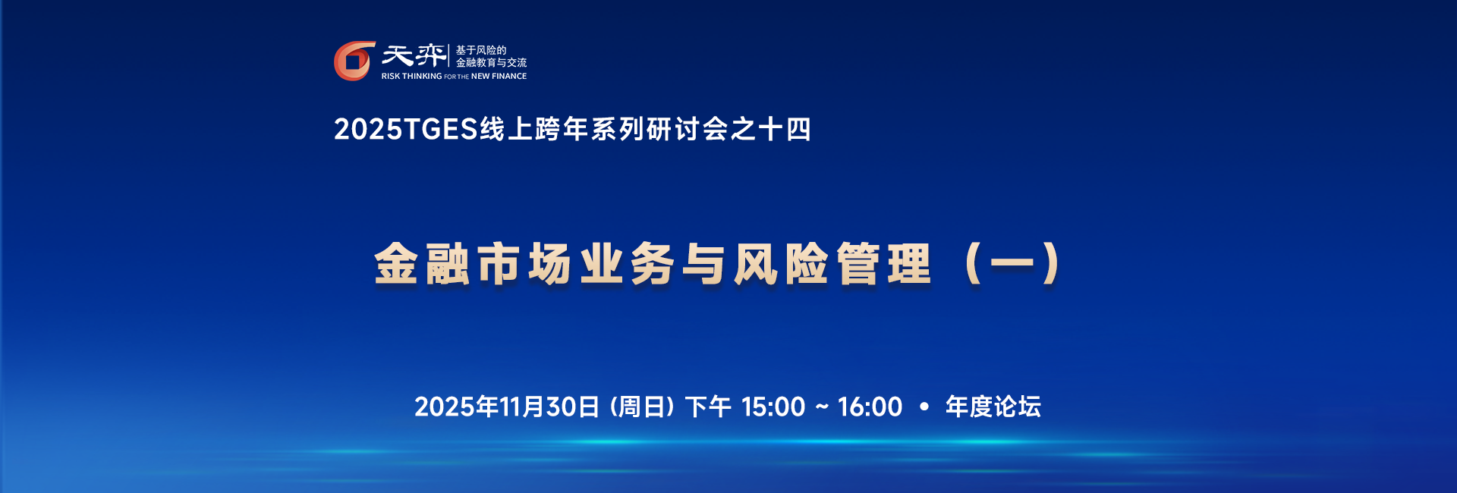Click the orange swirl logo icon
tap(354, 61)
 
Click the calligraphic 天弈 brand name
tap(414, 55)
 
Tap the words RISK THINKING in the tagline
tap(411, 77)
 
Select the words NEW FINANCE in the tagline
tap(499, 77)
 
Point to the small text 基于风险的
tap(481, 50)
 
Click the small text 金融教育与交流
tap(491, 63)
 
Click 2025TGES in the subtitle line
tap(406, 130)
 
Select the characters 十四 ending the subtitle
tap(785, 130)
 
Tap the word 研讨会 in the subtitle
tap(688, 130)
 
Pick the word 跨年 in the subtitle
tap(562, 130)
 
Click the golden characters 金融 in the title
tap(422, 264)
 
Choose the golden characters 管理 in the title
tap(883, 264)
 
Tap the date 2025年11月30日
tap(507, 407)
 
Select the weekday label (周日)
tap(642, 407)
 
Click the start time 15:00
tap(773, 407)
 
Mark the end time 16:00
tap(870, 407)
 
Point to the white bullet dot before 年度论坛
tap(924, 407)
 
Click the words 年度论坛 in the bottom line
tap(993, 407)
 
